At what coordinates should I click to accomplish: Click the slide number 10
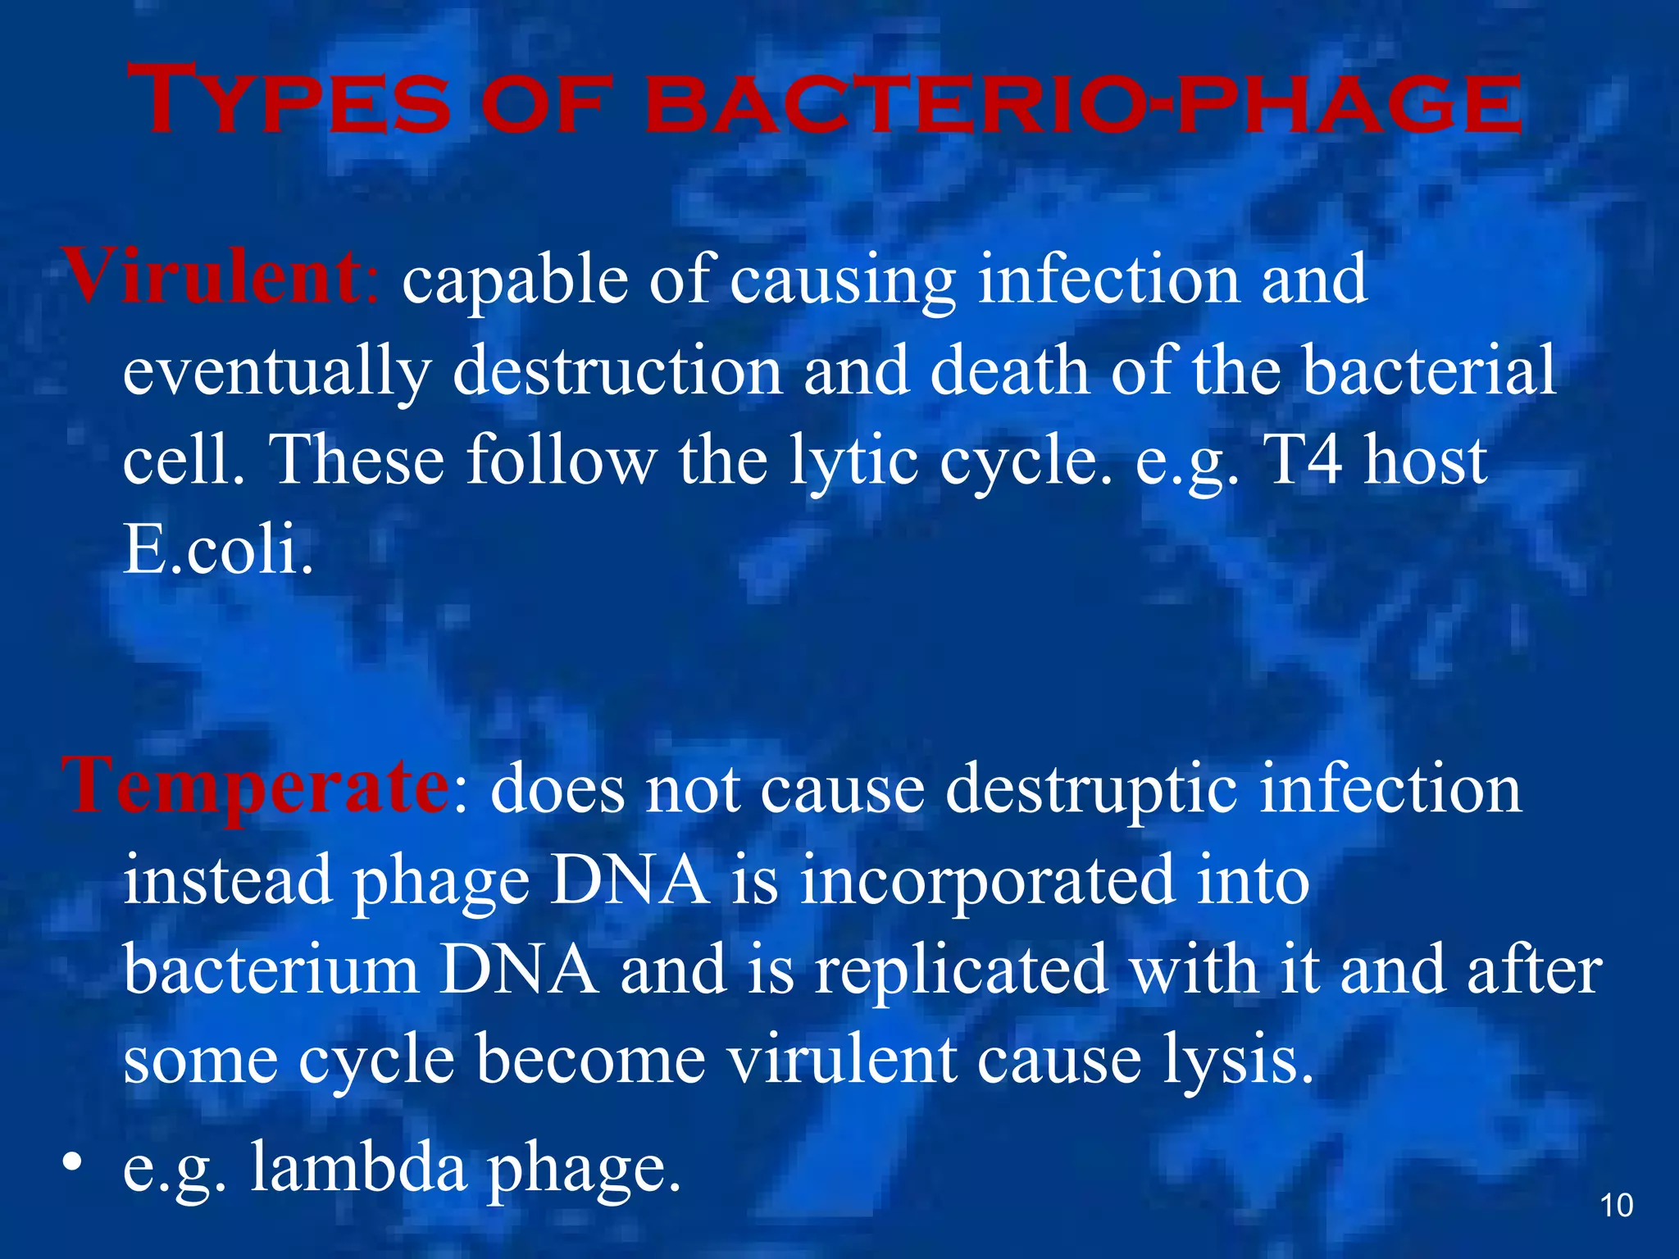(x=1616, y=1206)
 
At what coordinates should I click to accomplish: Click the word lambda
(x=358, y=1167)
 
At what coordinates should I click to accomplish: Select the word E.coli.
(x=218, y=549)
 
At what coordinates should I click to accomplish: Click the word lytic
(x=853, y=461)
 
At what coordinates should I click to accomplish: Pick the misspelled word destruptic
(x=1091, y=789)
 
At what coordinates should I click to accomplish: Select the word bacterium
(x=271, y=970)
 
